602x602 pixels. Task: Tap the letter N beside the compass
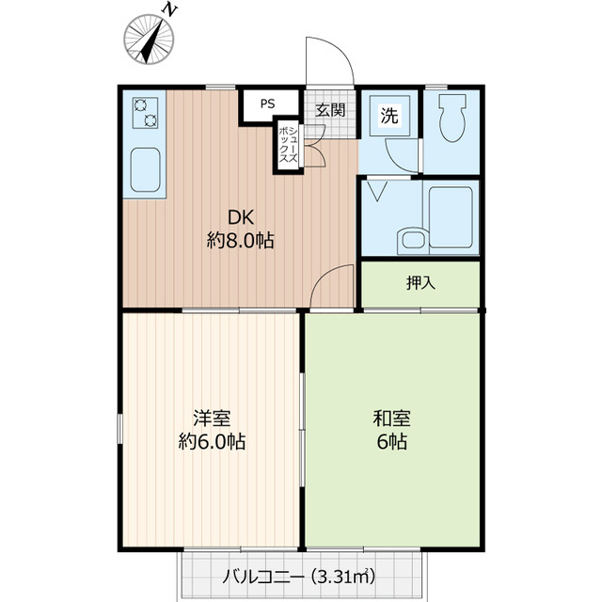tap(170, 9)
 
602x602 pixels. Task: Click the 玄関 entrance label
tap(330, 110)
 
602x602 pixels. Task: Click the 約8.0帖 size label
tap(240, 241)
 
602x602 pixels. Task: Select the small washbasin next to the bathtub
tap(410, 240)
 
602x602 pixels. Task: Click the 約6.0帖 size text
tap(212, 441)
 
